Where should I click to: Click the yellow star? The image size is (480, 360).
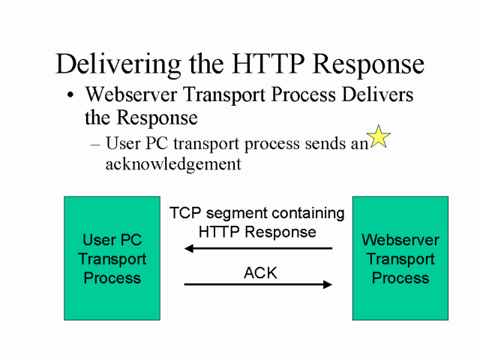(x=379, y=136)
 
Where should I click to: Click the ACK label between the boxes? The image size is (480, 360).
(x=260, y=273)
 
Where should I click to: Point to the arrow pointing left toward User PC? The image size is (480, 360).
(x=258, y=248)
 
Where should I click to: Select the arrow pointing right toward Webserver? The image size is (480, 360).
(x=258, y=284)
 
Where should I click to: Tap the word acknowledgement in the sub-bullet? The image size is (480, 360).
(x=173, y=164)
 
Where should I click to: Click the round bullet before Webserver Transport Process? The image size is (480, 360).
(x=70, y=97)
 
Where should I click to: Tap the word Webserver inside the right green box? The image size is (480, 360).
(x=400, y=241)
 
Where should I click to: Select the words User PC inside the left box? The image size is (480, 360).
(x=112, y=241)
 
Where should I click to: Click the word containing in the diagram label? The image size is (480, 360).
(x=308, y=214)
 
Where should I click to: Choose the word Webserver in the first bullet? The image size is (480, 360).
(x=132, y=95)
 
